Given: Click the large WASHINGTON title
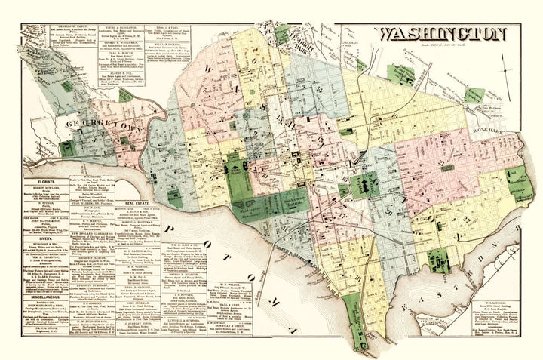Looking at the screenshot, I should pyautogui.click(x=443, y=34).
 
